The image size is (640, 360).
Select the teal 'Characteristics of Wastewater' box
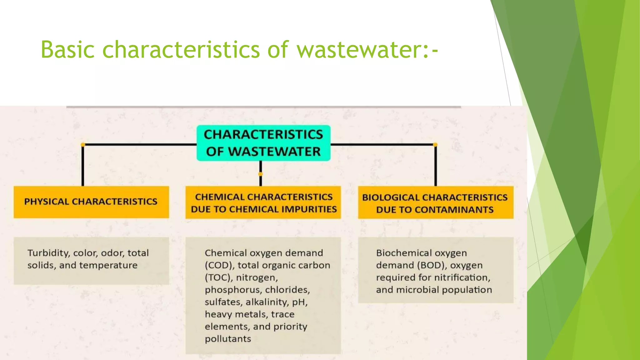(x=263, y=143)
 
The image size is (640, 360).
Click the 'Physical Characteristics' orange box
(x=91, y=202)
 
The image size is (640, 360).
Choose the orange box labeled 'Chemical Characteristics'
(x=263, y=202)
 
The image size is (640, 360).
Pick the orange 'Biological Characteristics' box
(x=435, y=202)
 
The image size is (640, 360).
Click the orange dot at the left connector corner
(x=83, y=145)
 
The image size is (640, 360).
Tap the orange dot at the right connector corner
(x=435, y=145)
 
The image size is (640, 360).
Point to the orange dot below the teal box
(x=261, y=174)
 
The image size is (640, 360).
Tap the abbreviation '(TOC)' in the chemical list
(x=219, y=277)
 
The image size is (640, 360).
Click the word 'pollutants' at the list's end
(x=228, y=339)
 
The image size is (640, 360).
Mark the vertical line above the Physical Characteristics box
(x=83, y=166)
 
